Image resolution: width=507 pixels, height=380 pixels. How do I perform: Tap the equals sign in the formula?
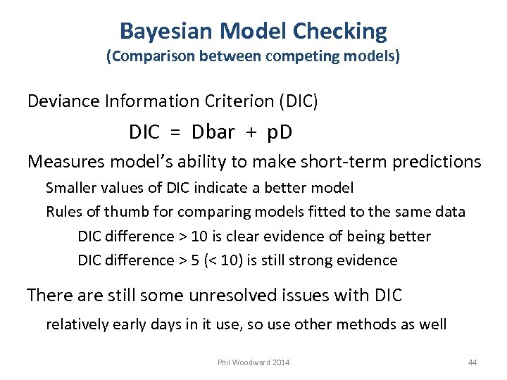click(176, 132)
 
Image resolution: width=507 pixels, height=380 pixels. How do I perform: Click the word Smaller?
click(69, 188)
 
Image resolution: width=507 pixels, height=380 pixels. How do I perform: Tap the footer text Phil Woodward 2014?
click(253, 362)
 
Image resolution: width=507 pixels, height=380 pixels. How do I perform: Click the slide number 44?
click(472, 362)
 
